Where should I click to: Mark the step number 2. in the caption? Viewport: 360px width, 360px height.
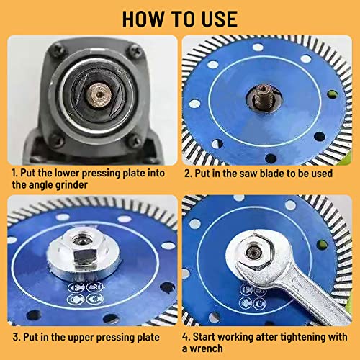click(188, 174)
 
